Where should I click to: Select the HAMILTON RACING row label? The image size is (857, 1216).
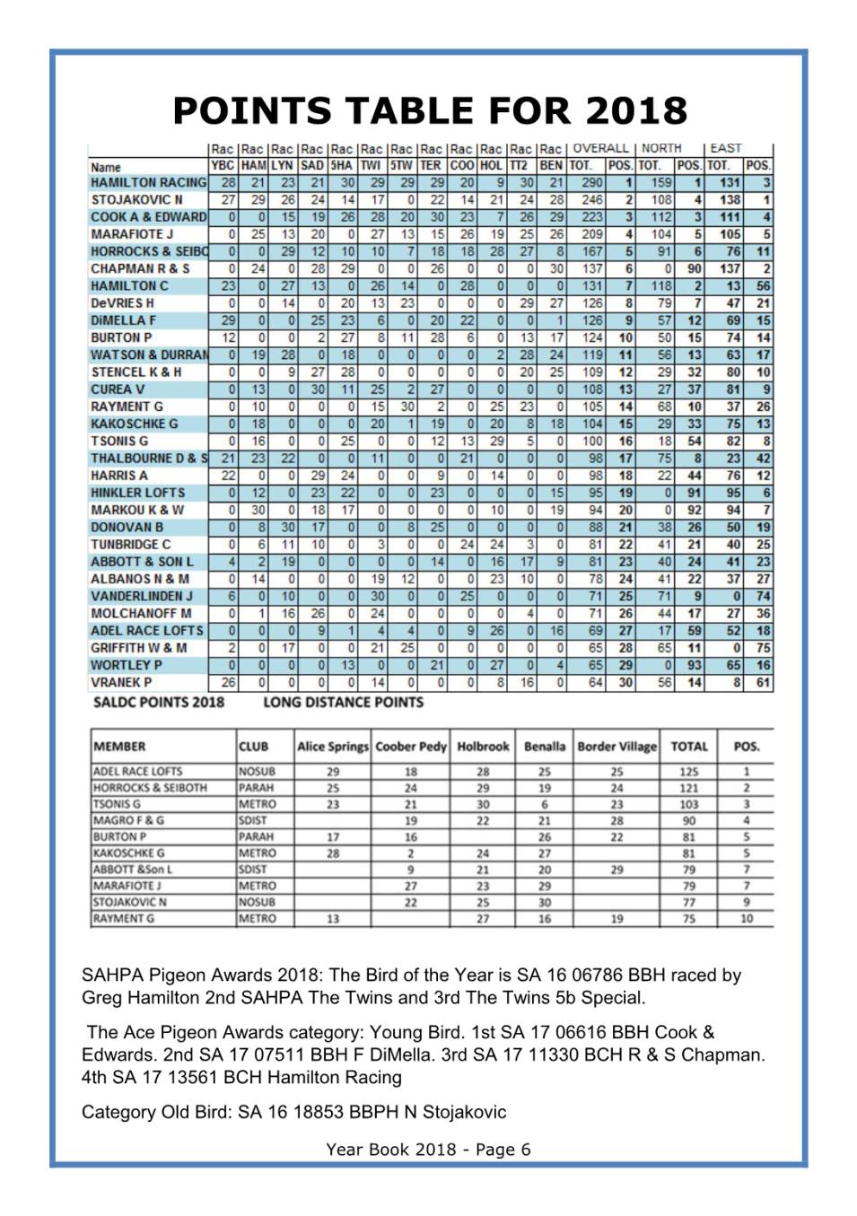(148, 182)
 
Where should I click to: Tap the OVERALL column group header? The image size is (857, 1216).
(600, 148)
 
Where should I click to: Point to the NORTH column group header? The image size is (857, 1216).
(661, 148)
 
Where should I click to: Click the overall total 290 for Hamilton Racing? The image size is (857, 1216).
(591, 182)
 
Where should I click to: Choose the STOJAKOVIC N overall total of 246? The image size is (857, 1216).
(591, 199)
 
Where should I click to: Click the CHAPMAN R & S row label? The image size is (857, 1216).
(140, 268)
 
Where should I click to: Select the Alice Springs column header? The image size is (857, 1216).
(332, 747)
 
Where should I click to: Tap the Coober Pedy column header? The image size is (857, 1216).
(411, 747)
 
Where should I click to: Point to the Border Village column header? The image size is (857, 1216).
(617, 747)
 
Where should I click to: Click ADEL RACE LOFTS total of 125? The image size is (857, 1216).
(688, 772)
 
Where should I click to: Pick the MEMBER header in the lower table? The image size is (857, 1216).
(119, 747)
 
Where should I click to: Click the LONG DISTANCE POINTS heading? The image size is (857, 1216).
(343, 702)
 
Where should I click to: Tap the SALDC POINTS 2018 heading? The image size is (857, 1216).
(159, 702)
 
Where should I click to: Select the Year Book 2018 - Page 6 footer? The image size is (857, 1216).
(428, 1150)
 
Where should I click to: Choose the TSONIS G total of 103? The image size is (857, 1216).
(688, 804)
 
